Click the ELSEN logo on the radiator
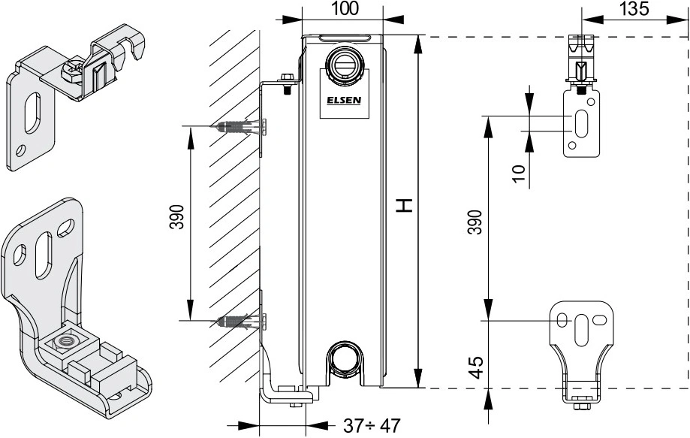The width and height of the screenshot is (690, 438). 344,100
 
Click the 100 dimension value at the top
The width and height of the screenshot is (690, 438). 345,8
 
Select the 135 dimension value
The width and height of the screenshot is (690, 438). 634,8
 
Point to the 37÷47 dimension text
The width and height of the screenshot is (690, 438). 372,425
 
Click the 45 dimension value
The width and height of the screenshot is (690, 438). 476,367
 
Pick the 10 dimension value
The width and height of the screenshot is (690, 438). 520,173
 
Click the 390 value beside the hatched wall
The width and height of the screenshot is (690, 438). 176,216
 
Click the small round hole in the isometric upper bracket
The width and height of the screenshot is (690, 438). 20,152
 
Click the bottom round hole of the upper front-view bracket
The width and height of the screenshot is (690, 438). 572,145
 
